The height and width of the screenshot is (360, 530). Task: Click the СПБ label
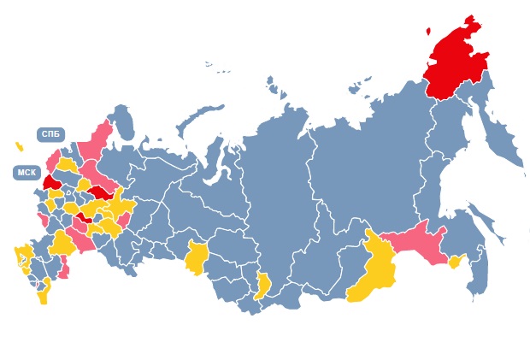click(x=50, y=134)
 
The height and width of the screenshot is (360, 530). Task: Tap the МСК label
click(x=26, y=173)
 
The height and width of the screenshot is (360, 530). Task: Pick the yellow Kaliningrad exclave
click(x=19, y=146)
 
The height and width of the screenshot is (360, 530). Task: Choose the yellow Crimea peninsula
click(x=20, y=255)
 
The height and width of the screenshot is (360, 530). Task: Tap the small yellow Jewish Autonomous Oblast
click(x=455, y=262)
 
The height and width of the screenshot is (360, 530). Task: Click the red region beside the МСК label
click(x=51, y=182)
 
